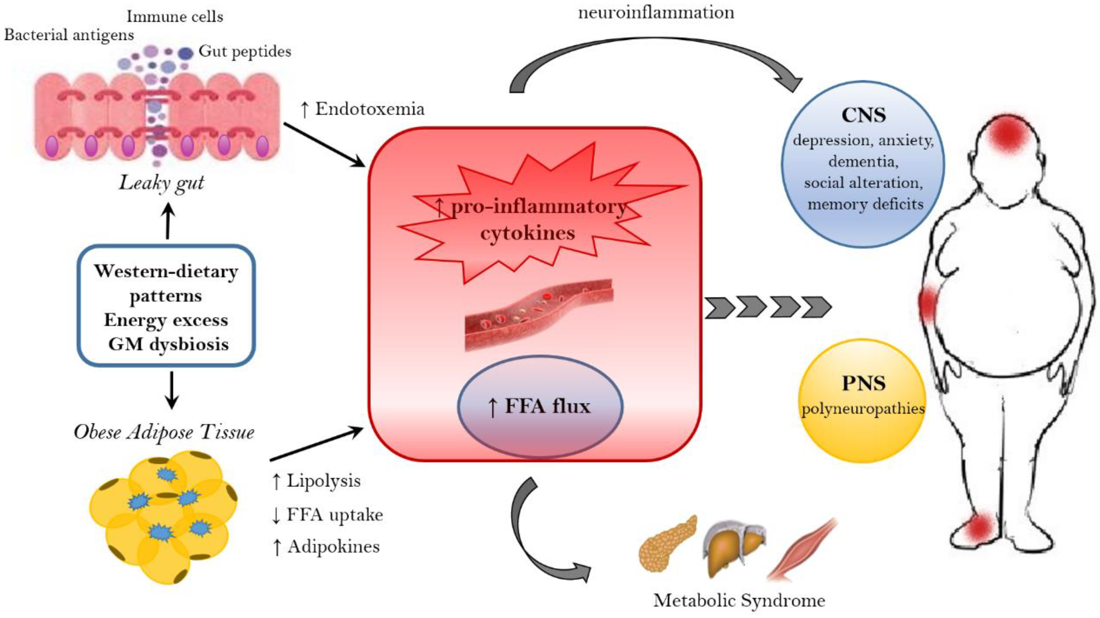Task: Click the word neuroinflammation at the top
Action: coord(656,13)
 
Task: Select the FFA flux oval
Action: coord(540,406)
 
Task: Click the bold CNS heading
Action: coord(863,115)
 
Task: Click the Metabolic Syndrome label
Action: coord(739,600)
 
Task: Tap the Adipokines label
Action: coord(325,547)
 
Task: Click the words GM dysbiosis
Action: coord(168,344)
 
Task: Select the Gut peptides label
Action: coord(245,52)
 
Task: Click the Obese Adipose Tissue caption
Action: coord(164,432)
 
